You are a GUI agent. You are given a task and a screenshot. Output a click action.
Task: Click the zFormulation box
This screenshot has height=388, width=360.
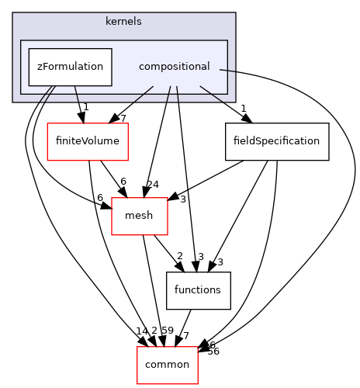(71, 67)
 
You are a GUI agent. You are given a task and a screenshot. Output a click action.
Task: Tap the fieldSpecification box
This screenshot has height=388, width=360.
(265, 141)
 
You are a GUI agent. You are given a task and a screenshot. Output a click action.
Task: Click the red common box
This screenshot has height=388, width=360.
(168, 364)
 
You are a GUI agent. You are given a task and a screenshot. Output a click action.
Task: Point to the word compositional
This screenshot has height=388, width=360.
(174, 67)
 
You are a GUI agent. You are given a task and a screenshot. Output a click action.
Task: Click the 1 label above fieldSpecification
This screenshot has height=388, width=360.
(244, 108)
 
